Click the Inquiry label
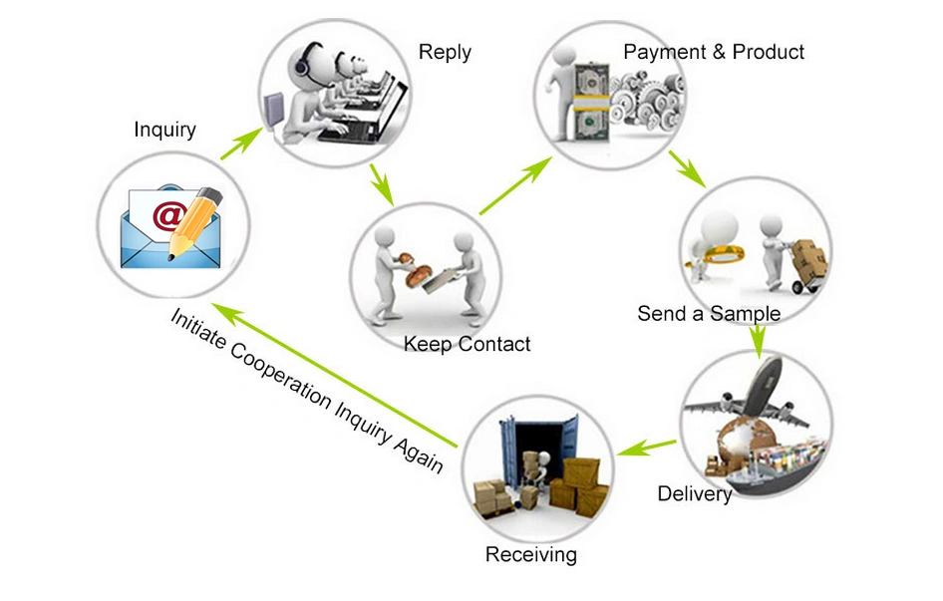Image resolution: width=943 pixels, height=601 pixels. pyautogui.click(x=164, y=130)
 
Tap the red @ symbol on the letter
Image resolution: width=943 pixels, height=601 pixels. pyautogui.click(x=167, y=214)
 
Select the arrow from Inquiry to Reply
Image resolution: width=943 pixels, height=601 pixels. pyautogui.click(x=242, y=144)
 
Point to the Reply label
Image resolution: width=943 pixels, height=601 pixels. pyautogui.click(x=445, y=53)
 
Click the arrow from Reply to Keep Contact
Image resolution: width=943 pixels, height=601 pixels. pyautogui.click(x=382, y=184)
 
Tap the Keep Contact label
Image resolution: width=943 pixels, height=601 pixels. pyautogui.click(x=467, y=344)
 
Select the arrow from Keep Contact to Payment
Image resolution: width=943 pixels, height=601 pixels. pyautogui.click(x=515, y=185)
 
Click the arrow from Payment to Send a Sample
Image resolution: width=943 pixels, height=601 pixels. pyautogui.click(x=688, y=169)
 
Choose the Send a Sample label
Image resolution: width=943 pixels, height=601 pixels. pyautogui.click(x=709, y=313)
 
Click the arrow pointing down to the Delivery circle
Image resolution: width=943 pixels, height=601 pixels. pyautogui.click(x=758, y=341)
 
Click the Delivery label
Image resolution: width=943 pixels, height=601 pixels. pyautogui.click(x=694, y=494)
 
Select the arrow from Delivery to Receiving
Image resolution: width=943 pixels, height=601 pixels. pyautogui.click(x=646, y=448)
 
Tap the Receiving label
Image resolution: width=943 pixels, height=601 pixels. pyautogui.click(x=531, y=554)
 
